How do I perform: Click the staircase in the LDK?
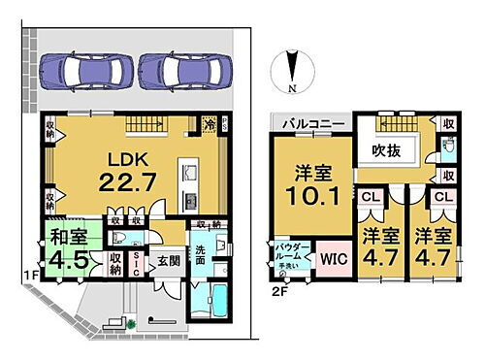(155, 124)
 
